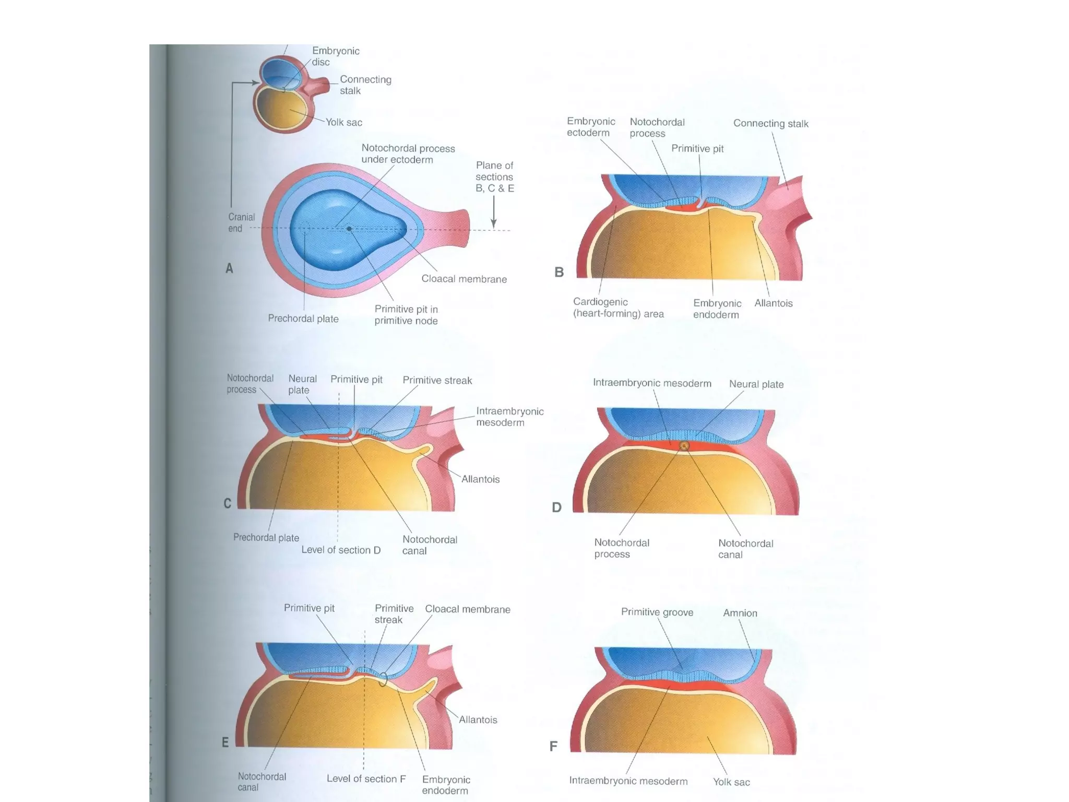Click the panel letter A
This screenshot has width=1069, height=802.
[229, 268]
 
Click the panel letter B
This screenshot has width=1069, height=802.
[559, 272]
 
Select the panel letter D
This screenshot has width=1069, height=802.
[557, 507]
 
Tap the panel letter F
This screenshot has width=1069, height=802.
[554, 746]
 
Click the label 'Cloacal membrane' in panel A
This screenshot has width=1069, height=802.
[464, 279]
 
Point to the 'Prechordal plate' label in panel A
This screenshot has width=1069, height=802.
[303, 319]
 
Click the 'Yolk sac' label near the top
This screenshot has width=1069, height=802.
[344, 122]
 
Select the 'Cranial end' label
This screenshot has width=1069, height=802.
[241, 222]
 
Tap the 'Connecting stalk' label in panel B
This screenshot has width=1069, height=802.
[770, 124]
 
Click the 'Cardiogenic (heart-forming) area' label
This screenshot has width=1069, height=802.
[618, 308]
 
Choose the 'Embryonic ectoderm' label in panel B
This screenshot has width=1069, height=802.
[591, 127]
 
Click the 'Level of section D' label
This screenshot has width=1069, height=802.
[341, 550]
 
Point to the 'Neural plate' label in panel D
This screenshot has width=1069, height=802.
[756, 384]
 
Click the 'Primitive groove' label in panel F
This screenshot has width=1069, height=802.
[657, 612]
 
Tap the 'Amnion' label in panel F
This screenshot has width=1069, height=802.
[740, 613]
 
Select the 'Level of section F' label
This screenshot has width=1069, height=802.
[366, 779]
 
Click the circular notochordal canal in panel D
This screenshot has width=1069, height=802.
[684, 445]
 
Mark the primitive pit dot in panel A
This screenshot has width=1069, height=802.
[349, 229]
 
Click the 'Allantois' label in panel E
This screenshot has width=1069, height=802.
[478, 720]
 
